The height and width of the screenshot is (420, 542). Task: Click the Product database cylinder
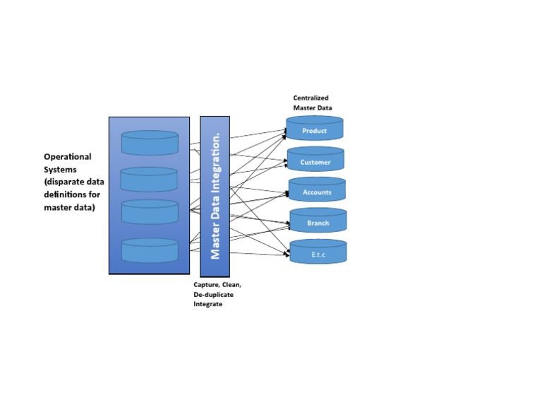315,129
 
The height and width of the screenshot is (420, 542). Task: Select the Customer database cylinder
315,161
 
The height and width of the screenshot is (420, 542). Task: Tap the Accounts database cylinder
317,191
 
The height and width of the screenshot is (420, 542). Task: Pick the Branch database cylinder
318,221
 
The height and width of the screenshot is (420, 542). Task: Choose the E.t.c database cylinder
318,252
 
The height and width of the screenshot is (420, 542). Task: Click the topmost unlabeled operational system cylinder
150,143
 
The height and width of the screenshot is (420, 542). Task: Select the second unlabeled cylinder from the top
148,180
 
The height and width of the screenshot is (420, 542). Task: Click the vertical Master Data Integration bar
215,197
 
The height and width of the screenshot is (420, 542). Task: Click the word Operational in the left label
68,156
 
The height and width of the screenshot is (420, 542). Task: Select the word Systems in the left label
61,169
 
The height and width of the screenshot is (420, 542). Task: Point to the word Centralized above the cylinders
311,98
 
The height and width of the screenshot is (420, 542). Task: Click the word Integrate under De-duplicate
207,303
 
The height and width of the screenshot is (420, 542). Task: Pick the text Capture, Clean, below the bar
217,284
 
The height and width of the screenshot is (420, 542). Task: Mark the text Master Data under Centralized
311,107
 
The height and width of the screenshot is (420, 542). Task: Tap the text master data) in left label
69,207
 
